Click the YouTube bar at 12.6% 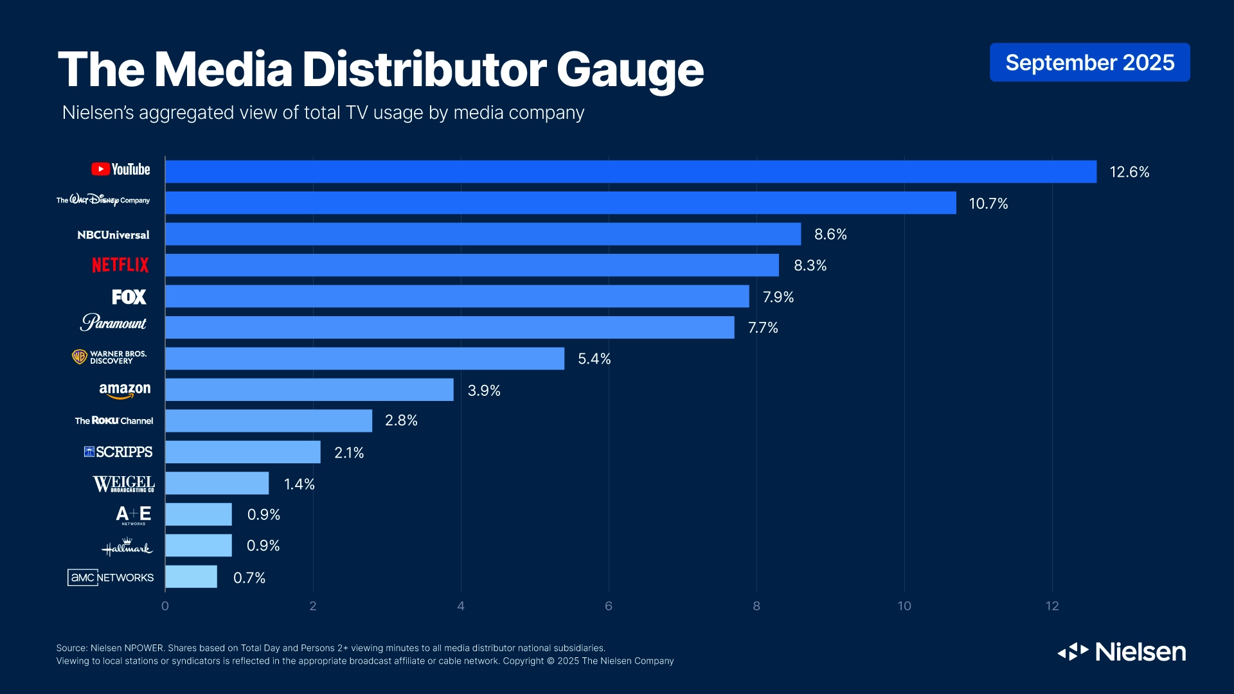point(630,172)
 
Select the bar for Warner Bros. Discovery point(364,359)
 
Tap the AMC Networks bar point(191,576)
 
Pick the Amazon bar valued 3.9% point(309,389)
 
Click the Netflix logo point(120,265)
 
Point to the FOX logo point(129,297)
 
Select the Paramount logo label point(114,323)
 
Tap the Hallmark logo point(127,547)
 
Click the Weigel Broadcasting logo point(123,484)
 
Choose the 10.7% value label point(988,204)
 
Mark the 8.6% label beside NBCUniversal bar point(830,235)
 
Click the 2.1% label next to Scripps point(349,453)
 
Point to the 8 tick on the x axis point(756,606)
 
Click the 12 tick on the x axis point(1051,606)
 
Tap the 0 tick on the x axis point(165,606)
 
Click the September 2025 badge point(1089,62)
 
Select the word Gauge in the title point(630,71)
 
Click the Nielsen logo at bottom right point(1122,652)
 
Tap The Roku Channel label point(114,421)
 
